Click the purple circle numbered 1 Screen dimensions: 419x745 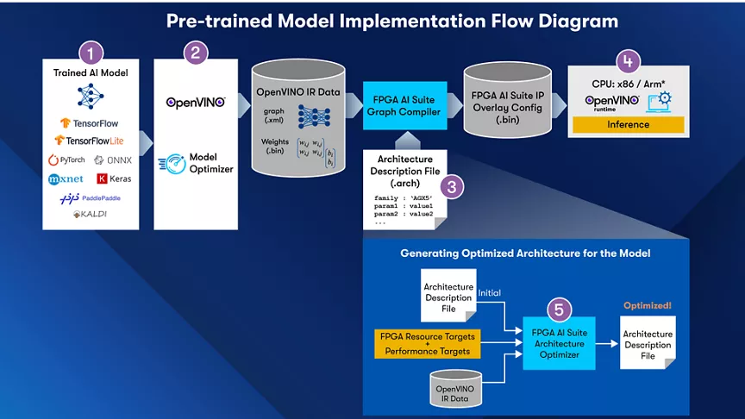click(91, 52)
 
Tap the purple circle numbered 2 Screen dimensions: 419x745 click(196, 52)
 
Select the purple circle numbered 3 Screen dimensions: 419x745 click(449, 184)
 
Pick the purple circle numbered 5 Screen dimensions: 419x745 click(560, 308)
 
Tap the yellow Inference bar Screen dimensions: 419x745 click(628, 124)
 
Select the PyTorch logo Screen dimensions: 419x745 click(66, 159)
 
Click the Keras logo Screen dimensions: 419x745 click(114, 178)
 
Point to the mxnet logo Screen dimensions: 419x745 click(66, 179)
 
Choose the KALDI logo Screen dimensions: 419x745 click(90, 214)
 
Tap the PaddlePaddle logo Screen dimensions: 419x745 click(89, 197)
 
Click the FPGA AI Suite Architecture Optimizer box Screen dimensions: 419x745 click(560, 343)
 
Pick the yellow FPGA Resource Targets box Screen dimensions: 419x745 click(427, 343)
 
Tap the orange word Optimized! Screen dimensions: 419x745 click(647, 306)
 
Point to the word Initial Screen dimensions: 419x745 click(489, 293)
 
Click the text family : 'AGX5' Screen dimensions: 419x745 click(403, 198)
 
